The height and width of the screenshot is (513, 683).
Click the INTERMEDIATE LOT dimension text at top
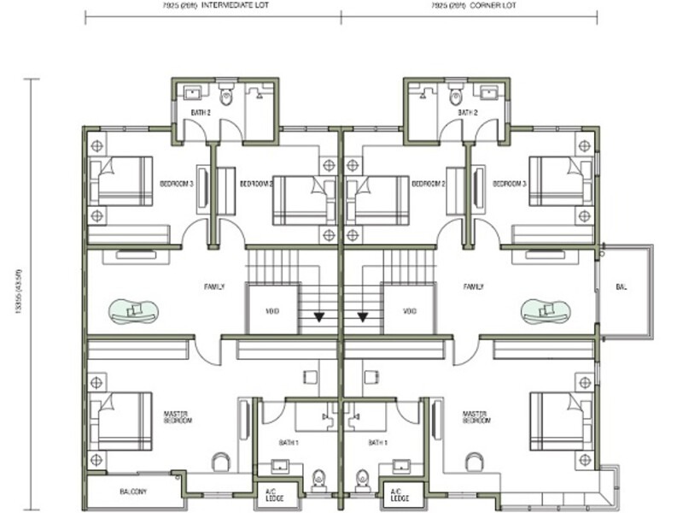click(213, 5)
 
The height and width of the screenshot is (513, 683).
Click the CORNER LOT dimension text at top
click(469, 5)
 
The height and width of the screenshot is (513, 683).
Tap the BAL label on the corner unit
click(620, 287)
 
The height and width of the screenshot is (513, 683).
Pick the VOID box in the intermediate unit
click(271, 310)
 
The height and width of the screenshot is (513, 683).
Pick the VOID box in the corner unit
click(410, 310)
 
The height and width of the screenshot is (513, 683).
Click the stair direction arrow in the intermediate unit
click(319, 317)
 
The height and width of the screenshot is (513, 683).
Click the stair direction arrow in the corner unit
click(363, 317)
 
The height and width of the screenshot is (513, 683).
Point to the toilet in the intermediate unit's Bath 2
click(227, 94)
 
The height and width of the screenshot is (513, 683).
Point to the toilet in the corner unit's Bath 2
click(455, 94)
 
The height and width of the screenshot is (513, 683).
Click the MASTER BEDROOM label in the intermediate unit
click(178, 417)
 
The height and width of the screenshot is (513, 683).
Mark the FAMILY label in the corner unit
click(474, 287)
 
